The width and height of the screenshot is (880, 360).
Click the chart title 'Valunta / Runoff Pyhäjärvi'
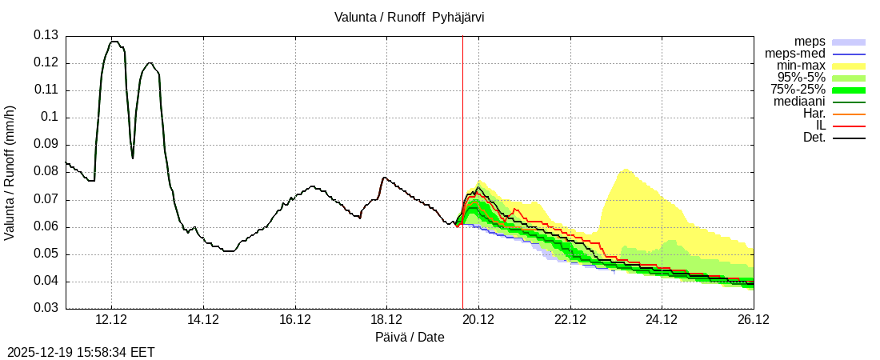coord(409,17)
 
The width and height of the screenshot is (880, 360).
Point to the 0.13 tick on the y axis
coord(46,35)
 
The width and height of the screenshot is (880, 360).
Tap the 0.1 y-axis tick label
coord(50,118)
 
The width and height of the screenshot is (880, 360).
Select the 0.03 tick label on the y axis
coord(46,308)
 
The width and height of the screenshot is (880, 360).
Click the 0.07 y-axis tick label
coord(46,199)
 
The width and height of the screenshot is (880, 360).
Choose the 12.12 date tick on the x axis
coord(111,320)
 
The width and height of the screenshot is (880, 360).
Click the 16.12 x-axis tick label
coord(295,320)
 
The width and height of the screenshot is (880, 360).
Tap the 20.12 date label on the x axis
coord(478,320)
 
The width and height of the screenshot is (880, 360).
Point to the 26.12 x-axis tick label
coord(754,320)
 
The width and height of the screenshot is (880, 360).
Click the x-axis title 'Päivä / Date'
coord(410,338)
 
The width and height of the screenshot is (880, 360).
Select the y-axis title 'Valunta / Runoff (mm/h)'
coord(10,173)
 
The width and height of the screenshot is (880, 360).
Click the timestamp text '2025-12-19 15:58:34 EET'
coord(81,352)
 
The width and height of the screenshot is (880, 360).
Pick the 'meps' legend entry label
coord(810,42)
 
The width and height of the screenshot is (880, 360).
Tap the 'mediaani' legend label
coord(799,102)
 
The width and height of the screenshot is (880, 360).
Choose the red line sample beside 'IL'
coord(849,126)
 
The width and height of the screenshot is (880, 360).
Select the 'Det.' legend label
coord(814,138)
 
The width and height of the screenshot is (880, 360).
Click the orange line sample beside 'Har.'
coord(849,114)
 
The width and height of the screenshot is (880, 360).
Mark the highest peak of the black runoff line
coord(114,42)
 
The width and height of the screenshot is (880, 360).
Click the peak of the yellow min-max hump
coord(626,170)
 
